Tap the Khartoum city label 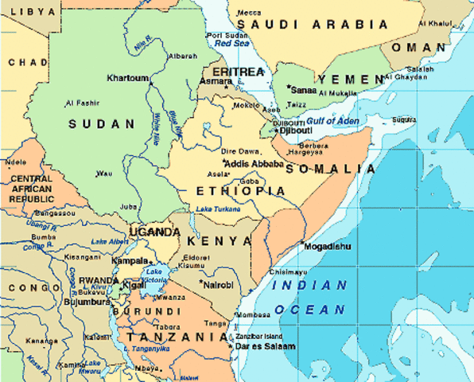pyautogui.click(x=127, y=78)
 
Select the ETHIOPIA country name pyautogui.click(x=239, y=191)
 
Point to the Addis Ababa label pyautogui.click(x=254, y=165)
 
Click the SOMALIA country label pyautogui.click(x=331, y=169)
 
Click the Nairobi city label pyautogui.click(x=218, y=284)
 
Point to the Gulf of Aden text pyautogui.click(x=333, y=121)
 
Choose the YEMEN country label pyautogui.click(x=351, y=80)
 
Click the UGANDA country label pyautogui.click(x=155, y=232)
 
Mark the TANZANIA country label pyautogui.click(x=178, y=337)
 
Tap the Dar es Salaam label pyautogui.click(x=266, y=346)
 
